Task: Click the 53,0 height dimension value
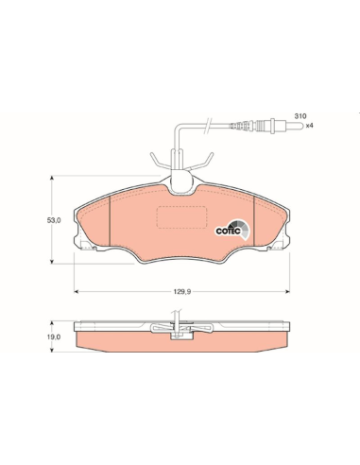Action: [x=54, y=220]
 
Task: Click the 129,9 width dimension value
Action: [x=182, y=292]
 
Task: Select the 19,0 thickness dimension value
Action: [x=54, y=336]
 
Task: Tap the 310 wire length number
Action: [x=300, y=116]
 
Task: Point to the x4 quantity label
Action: [x=310, y=126]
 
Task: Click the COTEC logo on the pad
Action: [x=232, y=230]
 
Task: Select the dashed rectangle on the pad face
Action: [x=181, y=217]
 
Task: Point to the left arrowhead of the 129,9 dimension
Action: [x=76, y=292]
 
